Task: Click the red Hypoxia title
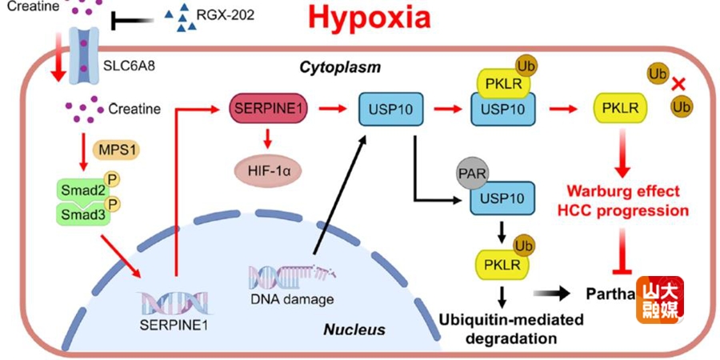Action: (370, 18)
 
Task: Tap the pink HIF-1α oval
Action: (269, 169)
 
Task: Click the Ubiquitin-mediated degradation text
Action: (502, 329)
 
